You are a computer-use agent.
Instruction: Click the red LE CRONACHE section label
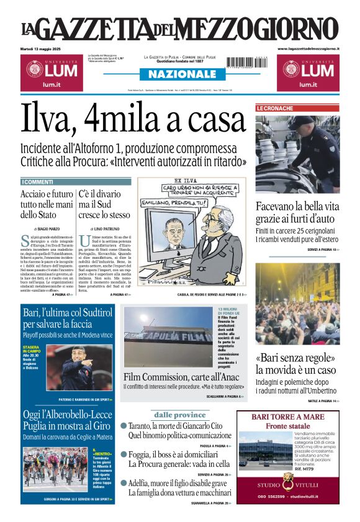click(276, 108)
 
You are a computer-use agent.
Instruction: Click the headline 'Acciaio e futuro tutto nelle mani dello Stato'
click(46, 204)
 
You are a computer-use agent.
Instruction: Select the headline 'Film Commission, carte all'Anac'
click(184, 377)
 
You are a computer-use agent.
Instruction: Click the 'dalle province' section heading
click(179, 414)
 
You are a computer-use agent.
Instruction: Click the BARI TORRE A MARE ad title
click(288, 416)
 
